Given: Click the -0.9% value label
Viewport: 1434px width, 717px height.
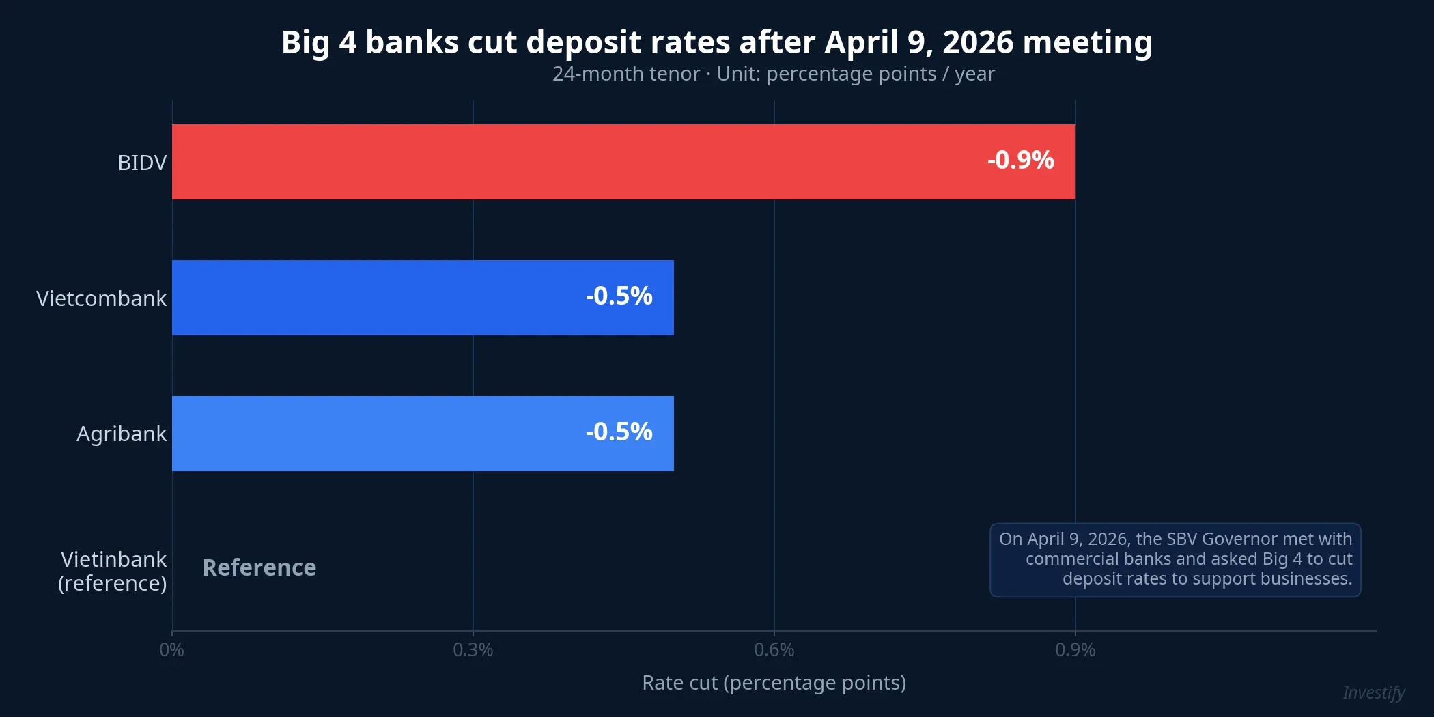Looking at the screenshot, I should [1020, 160].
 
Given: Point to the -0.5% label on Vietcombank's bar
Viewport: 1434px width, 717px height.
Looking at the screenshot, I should [619, 296].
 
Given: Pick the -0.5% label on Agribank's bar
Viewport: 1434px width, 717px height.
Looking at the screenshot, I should [619, 432].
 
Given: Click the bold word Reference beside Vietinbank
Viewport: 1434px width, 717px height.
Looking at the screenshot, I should [259, 568].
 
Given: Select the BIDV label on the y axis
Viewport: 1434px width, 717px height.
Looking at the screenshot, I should [142, 163].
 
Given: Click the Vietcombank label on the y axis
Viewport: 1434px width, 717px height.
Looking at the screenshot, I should [101, 299].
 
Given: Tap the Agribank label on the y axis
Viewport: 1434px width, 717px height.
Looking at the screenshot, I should [122, 434].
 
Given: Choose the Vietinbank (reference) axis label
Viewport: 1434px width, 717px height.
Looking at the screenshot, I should [113, 572].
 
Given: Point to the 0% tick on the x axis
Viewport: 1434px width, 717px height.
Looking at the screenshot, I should [171, 650].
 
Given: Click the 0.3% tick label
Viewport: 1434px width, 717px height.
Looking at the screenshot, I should [473, 650].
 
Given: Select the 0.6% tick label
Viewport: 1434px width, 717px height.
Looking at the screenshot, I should [774, 650].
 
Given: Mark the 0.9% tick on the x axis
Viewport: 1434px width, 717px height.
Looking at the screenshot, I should [1075, 650].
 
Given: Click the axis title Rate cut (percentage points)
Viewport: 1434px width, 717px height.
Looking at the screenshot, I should [774, 683].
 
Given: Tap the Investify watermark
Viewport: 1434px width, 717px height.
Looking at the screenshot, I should [1373, 693].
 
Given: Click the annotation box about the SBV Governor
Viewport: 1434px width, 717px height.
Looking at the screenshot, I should [1175, 560].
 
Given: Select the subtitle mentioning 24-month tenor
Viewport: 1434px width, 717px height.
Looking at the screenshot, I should [773, 74].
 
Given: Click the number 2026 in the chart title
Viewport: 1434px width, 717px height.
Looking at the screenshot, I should [978, 42].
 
